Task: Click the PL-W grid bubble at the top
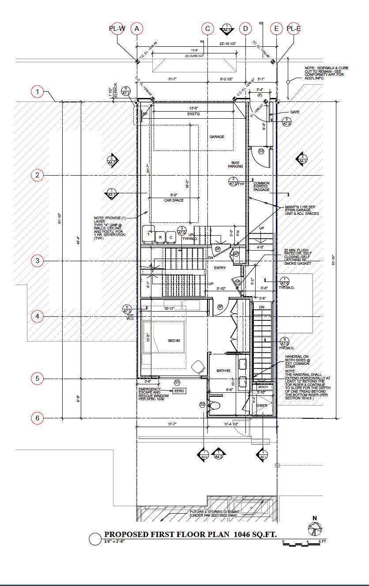point(117,29)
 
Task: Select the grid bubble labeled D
point(245,29)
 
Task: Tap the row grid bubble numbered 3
point(38,261)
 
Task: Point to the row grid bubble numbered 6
point(38,418)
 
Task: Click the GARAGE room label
point(217,137)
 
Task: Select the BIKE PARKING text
point(236,164)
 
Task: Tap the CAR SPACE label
point(174,200)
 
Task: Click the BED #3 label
point(174,341)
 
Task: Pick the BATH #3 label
point(223,371)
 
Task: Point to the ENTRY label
point(220,268)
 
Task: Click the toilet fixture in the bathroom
point(215,405)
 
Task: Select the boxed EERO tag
point(179,391)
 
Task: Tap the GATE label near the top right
point(294,112)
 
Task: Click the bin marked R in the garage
point(161,237)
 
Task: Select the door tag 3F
point(220,307)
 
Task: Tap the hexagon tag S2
point(202,404)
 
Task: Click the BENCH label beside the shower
point(263,387)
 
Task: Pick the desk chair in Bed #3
point(199,367)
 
